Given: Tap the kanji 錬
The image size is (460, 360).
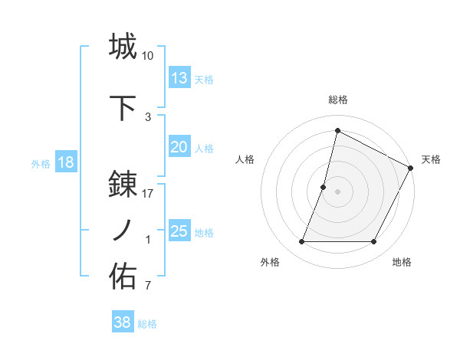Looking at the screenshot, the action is (x=123, y=185).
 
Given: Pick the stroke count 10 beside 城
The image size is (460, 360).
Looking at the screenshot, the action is (x=148, y=56).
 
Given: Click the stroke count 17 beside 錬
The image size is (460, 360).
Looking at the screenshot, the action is (x=148, y=194).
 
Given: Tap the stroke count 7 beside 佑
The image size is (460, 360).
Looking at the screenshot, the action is (x=148, y=286).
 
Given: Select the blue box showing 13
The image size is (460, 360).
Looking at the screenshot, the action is (x=179, y=78).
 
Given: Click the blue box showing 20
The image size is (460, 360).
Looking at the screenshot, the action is (x=179, y=147).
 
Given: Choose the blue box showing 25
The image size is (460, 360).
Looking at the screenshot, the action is (x=179, y=231).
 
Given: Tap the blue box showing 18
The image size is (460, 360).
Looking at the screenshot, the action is (x=65, y=162).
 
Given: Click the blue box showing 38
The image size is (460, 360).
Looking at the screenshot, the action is (x=123, y=322).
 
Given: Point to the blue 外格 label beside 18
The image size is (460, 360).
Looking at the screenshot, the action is (x=41, y=163).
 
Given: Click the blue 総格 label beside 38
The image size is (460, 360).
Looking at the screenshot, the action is (x=147, y=323).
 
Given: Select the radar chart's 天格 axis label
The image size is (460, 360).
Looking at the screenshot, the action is (x=431, y=159).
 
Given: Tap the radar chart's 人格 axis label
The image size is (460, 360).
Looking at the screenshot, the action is (x=245, y=159).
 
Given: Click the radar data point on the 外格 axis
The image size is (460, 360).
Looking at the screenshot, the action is (x=301, y=242).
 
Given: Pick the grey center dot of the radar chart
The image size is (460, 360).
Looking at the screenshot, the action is (x=337, y=191).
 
